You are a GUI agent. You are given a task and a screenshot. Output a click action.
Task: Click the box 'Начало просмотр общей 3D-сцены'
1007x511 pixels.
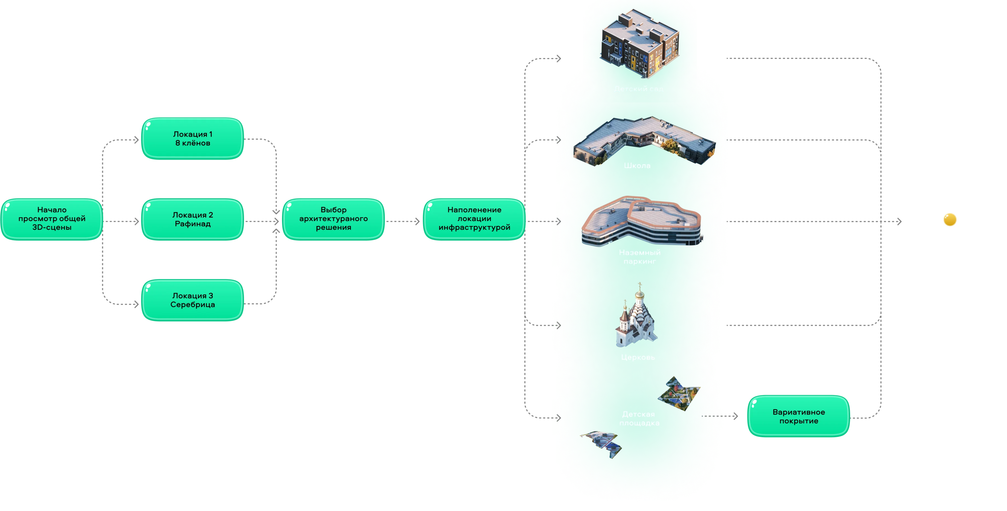[x=52, y=219]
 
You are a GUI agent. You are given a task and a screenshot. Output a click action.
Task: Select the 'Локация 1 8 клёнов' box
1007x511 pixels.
[x=192, y=139]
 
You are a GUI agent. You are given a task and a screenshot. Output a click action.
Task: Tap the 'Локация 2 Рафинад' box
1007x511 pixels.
[x=192, y=219]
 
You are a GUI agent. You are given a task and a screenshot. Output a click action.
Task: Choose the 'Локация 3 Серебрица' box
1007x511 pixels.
[x=192, y=300]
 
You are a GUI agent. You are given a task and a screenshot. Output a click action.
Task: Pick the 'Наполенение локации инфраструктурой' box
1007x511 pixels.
[x=474, y=219]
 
